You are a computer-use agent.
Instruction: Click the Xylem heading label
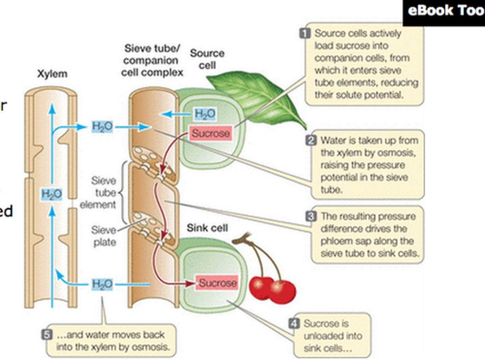(52, 74)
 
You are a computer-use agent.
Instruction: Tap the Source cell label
(207, 59)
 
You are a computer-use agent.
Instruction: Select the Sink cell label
(207, 228)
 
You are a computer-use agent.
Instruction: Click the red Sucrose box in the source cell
(211, 133)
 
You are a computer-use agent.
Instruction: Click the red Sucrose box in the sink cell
(218, 282)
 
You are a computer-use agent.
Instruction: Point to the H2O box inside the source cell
(205, 114)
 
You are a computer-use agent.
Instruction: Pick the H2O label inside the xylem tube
(52, 194)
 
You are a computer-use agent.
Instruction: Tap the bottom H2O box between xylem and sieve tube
(102, 284)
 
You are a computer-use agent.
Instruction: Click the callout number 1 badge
(305, 33)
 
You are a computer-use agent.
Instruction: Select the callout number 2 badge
(311, 140)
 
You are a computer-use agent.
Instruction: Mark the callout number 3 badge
(311, 216)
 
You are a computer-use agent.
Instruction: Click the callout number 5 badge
(47, 335)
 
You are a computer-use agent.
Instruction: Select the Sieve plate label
(104, 236)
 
